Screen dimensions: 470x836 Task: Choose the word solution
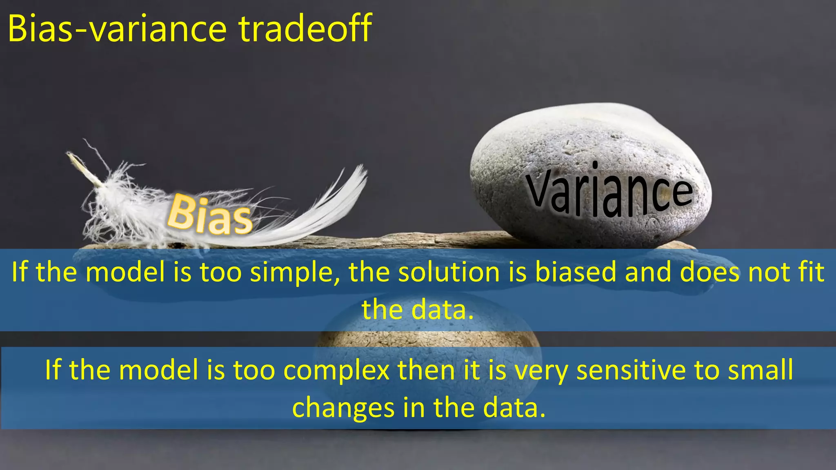[x=449, y=273]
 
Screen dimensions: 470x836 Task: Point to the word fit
[x=810, y=273]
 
